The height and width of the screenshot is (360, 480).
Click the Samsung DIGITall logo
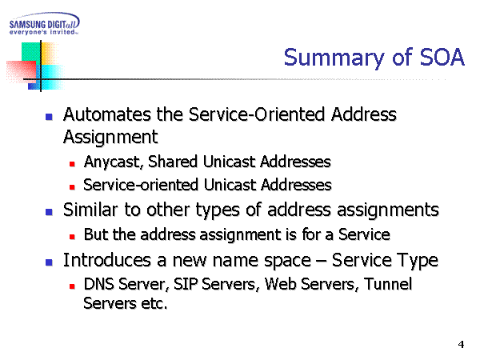pyautogui.click(x=45, y=24)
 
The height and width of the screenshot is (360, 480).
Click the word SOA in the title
pyautogui.click(x=442, y=58)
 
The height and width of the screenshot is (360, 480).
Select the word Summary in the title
pyautogui.click(x=334, y=58)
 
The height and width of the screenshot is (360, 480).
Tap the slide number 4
pyautogui.click(x=461, y=344)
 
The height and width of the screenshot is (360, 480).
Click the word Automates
pyautogui.click(x=107, y=114)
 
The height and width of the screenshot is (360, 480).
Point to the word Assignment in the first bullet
pyautogui.click(x=110, y=137)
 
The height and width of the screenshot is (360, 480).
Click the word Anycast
pyautogui.click(x=113, y=162)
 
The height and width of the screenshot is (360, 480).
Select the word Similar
pyautogui.click(x=90, y=210)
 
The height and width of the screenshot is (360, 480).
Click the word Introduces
pyautogui.click(x=107, y=261)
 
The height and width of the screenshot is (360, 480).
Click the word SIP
pyautogui.click(x=186, y=284)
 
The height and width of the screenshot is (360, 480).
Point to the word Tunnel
pyautogui.click(x=388, y=284)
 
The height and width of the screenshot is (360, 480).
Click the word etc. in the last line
pyautogui.click(x=154, y=304)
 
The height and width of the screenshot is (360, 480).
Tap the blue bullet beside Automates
pyautogui.click(x=49, y=117)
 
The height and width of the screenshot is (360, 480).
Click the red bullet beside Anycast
pyautogui.click(x=72, y=164)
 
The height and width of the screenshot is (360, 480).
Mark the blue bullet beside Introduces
pyautogui.click(x=49, y=262)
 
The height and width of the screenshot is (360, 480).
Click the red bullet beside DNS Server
pyautogui.click(x=72, y=286)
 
